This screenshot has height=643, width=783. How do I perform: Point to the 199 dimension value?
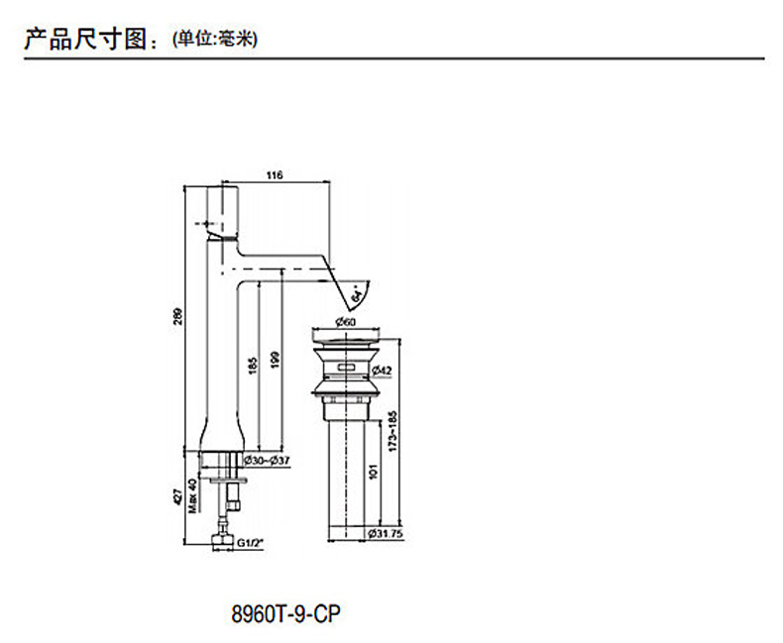(x=279, y=363)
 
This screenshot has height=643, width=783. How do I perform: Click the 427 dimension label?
(x=178, y=495)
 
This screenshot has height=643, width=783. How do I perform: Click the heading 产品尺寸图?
(x=87, y=39)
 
